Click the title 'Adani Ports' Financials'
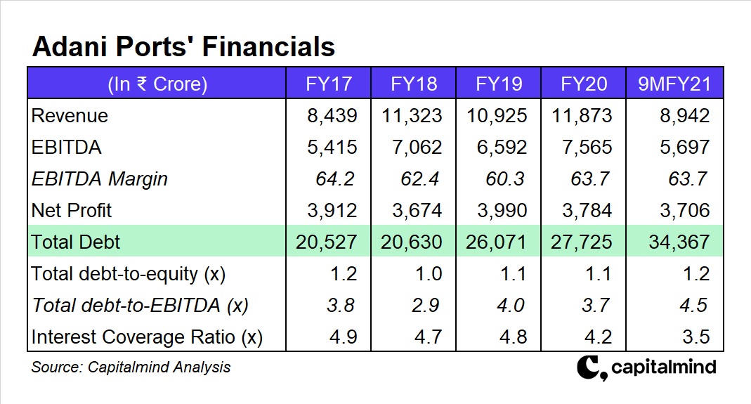pos(183,46)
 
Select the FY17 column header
pos(329,84)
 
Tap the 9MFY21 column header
pos(674,84)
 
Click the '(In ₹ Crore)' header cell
pos(157,84)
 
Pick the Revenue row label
pos(70,116)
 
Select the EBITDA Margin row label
pos(99,179)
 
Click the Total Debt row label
pos(76,242)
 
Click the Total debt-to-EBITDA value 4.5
pos(693,306)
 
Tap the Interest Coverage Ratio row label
pos(147,337)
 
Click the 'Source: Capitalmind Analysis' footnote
pos(131,367)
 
